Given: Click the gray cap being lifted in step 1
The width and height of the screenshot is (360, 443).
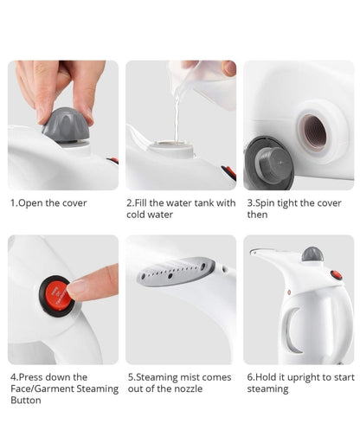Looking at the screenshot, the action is click(x=66, y=125).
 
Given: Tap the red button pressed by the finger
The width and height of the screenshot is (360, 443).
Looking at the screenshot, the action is click(x=58, y=296).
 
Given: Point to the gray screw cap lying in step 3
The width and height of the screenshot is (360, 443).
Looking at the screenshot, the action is click(x=270, y=164).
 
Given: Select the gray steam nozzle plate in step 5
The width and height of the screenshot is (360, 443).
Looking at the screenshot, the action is click(x=176, y=272).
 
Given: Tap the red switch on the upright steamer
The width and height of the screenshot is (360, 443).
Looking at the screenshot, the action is click(x=337, y=275).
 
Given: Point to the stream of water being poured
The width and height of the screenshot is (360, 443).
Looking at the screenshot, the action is click(x=177, y=119).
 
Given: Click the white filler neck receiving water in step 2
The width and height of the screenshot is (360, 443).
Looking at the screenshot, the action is click(x=171, y=148).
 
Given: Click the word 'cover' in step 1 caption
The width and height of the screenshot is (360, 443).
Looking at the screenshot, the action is click(x=74, y=203).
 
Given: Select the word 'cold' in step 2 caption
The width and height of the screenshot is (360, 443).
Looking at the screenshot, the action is click(x=137, y=215).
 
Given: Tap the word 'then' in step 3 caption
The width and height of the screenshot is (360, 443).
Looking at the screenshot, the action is click(x=257, y=215).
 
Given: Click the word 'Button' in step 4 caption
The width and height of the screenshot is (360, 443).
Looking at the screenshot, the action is click(x=26, y=401).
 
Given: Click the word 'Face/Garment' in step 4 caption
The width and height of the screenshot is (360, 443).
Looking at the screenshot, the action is click(x=42, y=389).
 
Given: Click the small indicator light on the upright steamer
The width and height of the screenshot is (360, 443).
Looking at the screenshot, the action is click(x=289, y=292).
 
